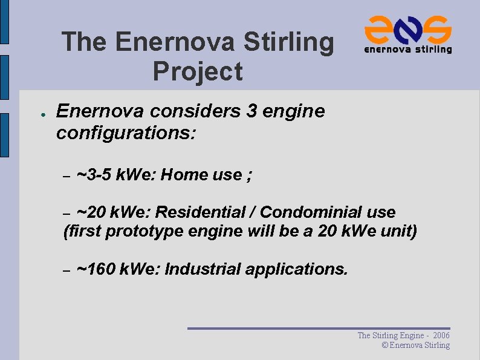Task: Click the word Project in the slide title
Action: [198, 71]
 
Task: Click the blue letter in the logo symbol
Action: [408, 29]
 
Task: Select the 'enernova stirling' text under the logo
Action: [407, 49]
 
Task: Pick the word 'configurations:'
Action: [126, 133]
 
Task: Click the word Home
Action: [186, 175]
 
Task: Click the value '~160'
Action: [97, 269]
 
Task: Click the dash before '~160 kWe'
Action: [68, 269]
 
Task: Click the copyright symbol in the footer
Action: [384, 345]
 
